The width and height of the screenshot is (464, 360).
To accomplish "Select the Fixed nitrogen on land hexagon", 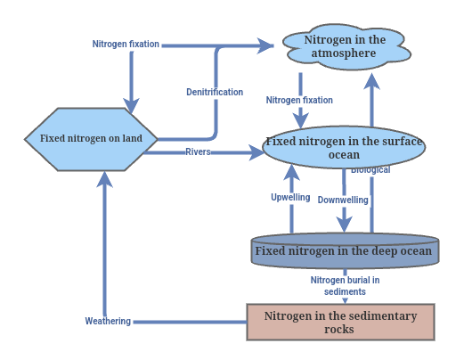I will tap(92, 139).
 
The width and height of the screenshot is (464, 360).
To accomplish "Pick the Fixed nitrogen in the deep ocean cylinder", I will tap(344, 250).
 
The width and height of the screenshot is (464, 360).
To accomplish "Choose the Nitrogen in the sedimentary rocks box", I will tap(339, 322).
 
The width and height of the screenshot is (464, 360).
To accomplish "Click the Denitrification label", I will tap(215, 93).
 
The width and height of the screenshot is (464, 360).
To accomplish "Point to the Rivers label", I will tap(198, 152).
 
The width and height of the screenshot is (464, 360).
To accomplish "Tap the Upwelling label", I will tap(290, 197).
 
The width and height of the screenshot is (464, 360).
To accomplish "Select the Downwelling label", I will tap(343, 200).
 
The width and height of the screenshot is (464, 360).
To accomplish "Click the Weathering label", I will tap(108, 321).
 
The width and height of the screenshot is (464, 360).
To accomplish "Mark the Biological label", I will tap(370, 170).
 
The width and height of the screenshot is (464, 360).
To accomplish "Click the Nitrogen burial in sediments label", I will tap(345, 286).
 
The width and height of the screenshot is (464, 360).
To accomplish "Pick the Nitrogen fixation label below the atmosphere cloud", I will tap(299, 101).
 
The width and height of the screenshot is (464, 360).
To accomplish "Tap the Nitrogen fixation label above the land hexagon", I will tap(126, 44).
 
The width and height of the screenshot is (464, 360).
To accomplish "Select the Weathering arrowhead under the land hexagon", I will tap(105, 179).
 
